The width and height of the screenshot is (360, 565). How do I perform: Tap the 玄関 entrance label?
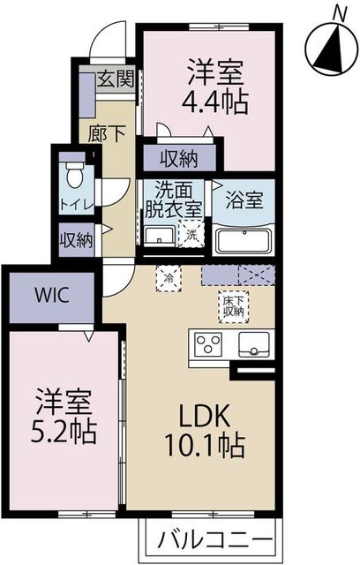coord(115,78)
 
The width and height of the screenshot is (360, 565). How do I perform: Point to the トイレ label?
coord(73,205)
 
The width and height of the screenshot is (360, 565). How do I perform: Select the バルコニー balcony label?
coord(210,538)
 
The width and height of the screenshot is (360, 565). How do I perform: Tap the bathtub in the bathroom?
coord(244,239)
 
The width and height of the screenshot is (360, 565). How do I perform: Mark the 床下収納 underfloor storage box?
coord(232,305)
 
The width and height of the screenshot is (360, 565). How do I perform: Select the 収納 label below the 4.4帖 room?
coord(179,159)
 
